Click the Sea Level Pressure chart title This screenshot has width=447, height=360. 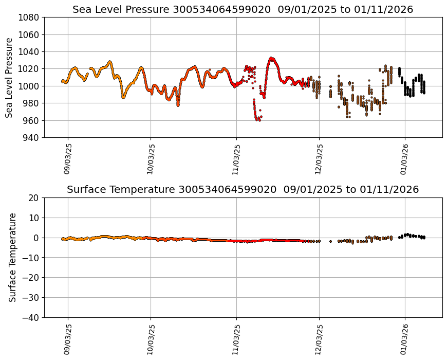(243, 9)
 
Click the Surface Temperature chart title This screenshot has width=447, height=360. (243, 189)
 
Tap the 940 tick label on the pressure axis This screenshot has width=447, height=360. (31, 137)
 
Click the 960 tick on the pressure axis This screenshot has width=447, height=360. (31, 120)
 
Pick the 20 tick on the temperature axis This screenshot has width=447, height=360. (34, 197)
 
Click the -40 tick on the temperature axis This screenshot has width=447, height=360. (31, 317)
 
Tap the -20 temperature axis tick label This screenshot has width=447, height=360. (31, 278)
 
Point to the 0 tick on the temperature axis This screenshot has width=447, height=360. (36, 238)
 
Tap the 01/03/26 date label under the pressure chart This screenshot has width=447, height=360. (404, 159)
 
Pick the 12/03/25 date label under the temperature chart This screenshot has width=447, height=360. (319, 339)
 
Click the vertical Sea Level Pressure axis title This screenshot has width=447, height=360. (9, 77)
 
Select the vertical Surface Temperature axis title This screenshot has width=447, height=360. (12, 257)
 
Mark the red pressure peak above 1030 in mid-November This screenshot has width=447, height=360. (272, 59)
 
